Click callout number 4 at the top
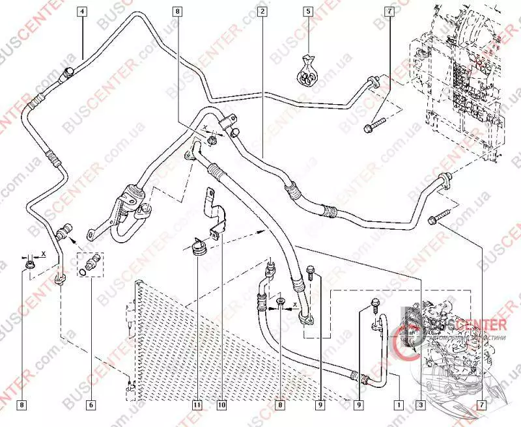[83, 11]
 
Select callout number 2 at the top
[261, 11]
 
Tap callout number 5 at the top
[309, 11]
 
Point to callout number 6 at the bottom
[91, 405]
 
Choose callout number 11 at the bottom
[195, 405]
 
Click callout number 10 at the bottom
[221, 405]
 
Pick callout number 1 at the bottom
[398, 405]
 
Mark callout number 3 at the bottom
[422, 405]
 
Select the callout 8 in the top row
[178, 11]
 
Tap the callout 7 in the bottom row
[482, 405]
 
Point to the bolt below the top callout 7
[373, 125]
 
